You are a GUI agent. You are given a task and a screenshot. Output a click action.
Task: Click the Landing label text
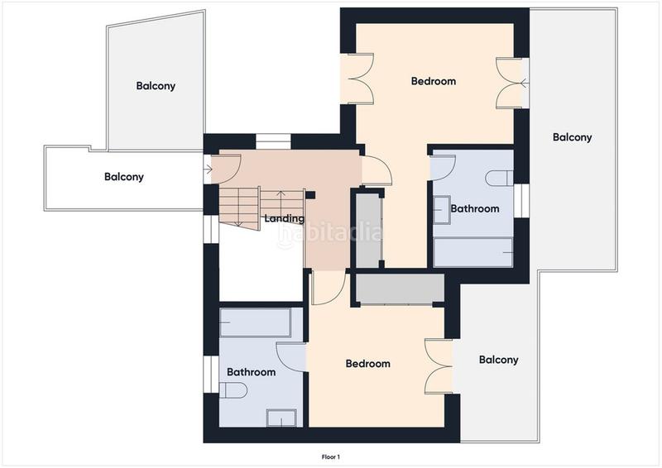point(284,218)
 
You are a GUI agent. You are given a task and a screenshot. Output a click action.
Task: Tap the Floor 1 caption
point(330,456)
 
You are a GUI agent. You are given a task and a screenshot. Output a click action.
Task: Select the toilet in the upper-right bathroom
point(499,178)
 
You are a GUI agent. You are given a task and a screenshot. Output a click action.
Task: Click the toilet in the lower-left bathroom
point(233,390)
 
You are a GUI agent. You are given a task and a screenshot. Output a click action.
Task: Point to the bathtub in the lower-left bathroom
point(256,322)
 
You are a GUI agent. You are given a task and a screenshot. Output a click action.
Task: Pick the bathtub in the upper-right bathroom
point(473,252)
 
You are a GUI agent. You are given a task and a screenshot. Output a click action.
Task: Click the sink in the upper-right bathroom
point(442,210)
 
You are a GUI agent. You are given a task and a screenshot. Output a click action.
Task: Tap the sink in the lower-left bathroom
point(281,418)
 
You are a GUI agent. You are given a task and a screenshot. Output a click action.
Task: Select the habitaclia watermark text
point(330,233)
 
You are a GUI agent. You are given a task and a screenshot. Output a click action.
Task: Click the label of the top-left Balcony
point(156,86)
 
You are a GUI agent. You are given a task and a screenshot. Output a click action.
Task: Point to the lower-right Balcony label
point(499,360)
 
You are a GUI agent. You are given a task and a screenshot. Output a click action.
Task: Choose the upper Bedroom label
point(434,80)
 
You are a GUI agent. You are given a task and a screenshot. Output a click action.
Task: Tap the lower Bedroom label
point(367,363)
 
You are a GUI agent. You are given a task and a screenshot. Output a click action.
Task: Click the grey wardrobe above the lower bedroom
point(400,289)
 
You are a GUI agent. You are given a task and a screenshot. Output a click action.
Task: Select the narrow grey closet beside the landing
point(369,231)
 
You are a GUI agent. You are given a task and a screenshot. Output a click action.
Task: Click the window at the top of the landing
point(273,141)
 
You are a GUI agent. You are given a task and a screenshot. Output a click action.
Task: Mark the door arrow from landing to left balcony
point(208,170)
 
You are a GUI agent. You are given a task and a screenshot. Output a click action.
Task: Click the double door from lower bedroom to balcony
point(439,366)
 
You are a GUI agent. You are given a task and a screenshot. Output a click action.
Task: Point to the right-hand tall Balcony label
point(572,137)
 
